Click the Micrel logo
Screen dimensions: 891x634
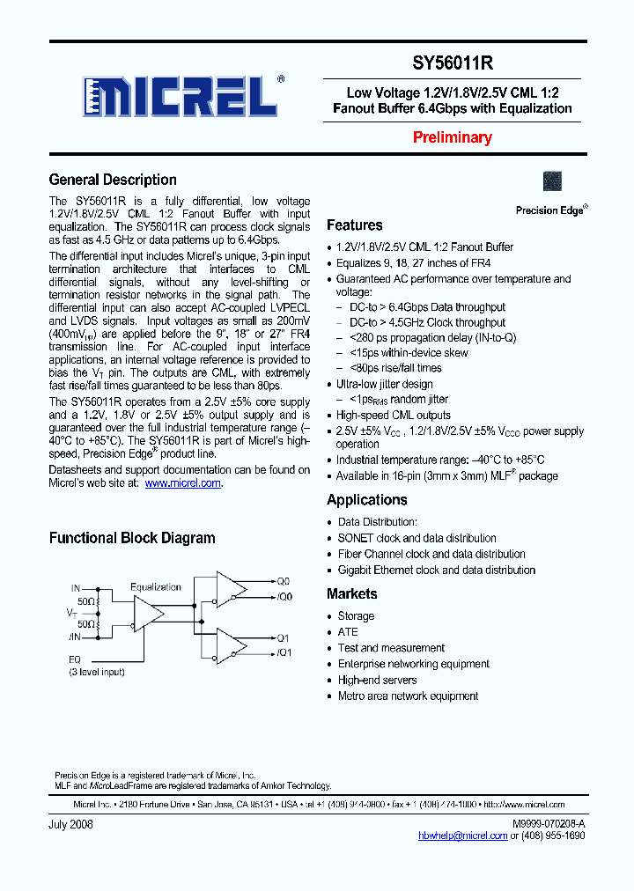(x=183, y=95)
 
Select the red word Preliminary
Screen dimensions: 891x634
(x=453, y=137)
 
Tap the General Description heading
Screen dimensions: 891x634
(x=113, y=180)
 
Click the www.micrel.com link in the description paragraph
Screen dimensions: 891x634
(x=183, y=483)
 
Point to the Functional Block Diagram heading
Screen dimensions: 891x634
(x=131, y=538)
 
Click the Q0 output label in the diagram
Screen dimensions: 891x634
(x=284, y=582)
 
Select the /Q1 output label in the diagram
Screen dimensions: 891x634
(x=284, y=652)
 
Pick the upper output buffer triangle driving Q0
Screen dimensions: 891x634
(x=231, y=588)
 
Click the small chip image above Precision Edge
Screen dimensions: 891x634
(x=553, y=181)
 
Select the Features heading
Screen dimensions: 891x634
(x=354, y=225)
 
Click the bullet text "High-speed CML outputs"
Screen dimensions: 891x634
(x=394, y=416)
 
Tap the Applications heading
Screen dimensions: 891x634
(x=366, y=500)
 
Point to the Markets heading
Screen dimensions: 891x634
(x=351, y=594)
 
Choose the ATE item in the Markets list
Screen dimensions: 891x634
(x=348, y=632)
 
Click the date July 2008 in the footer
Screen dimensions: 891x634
(x=70, y=824)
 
